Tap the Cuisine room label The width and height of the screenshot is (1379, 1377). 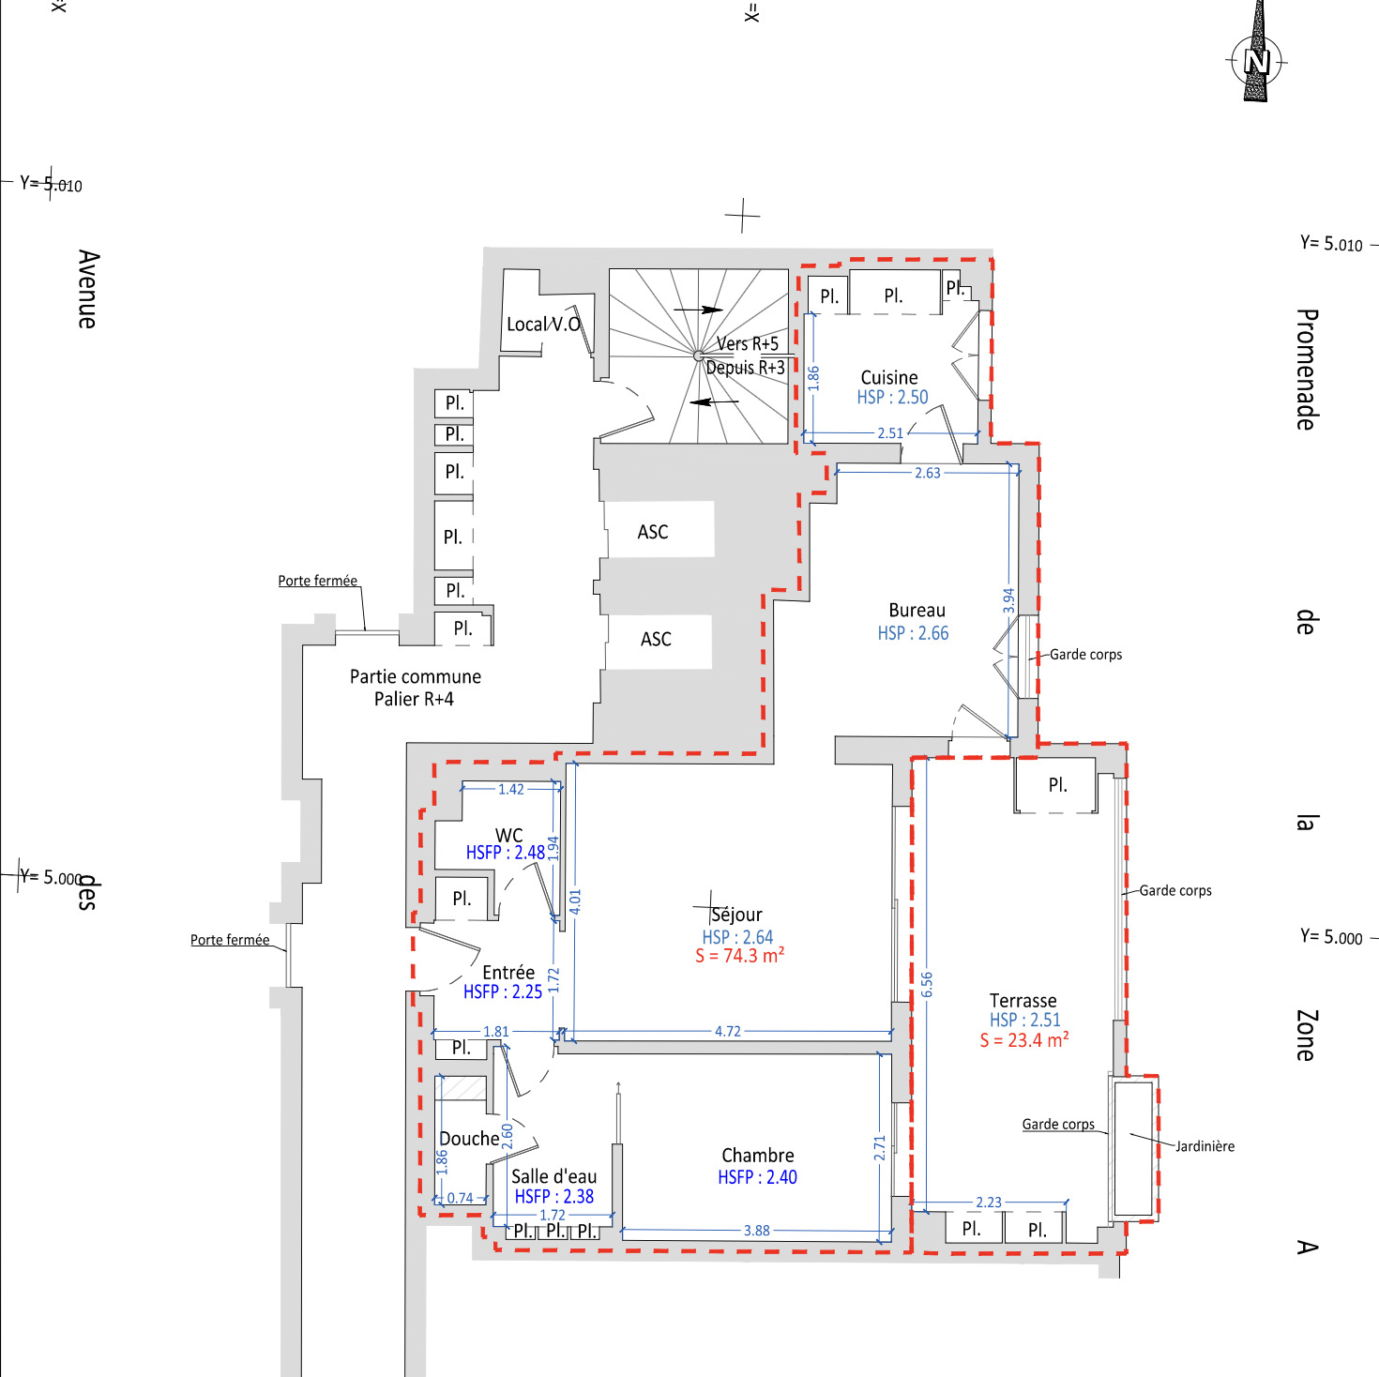coord(888,377)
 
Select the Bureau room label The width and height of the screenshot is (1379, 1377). coord(917,610)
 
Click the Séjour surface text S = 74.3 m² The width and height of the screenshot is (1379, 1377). coord(739,956)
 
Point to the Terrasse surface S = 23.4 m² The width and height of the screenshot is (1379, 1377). coord(1024,1040)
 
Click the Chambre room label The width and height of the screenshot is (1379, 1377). coord(758,1155)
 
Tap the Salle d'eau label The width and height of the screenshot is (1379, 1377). coord(553,1176)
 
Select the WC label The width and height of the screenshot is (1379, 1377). coord(508,835)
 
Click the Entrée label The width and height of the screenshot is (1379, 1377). coord(508,972)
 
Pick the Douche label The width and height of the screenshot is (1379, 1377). coord(469,1138)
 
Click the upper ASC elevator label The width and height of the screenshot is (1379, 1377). coord(653,532)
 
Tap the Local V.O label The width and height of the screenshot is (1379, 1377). coord(544,325)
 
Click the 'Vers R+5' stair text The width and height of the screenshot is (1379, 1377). coord(747,343)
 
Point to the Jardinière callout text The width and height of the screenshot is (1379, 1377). coord(1205,1146)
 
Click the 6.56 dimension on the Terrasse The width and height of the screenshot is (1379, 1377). coord(927,984)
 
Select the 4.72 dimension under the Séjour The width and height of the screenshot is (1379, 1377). coord(728,1031)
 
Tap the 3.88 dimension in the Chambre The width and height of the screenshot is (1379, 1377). coord(756,1230)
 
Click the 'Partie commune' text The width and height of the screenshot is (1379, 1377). coord(415,676)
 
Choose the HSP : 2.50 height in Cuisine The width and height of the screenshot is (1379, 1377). coord(892,397)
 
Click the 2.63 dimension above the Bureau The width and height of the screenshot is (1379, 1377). coord(928,473)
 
